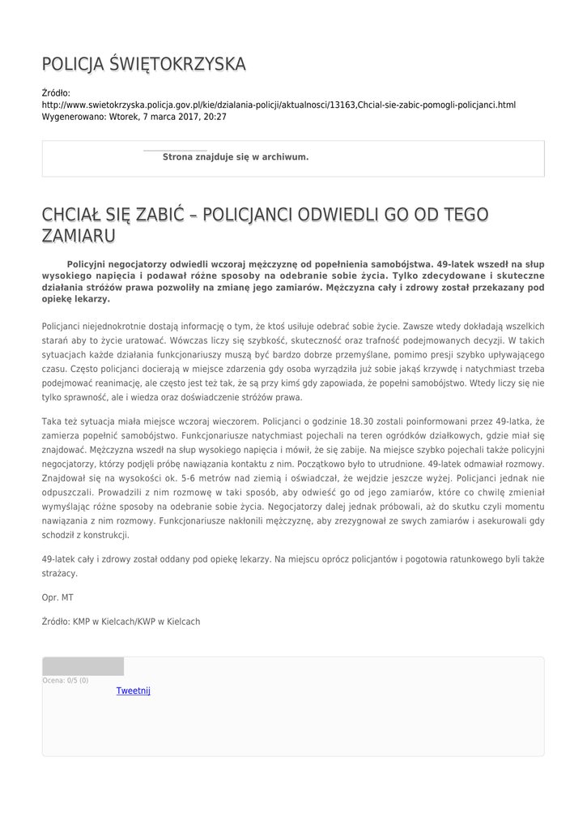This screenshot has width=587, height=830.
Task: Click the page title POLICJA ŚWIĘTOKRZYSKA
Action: [x=143, y=64]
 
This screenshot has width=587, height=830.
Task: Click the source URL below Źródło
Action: [x=279, y=105]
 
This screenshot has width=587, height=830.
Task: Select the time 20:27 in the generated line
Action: [x=215, y=117]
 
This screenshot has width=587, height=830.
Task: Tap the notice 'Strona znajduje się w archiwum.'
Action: [x=236, y=156]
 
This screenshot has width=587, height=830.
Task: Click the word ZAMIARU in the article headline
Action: [x=79, y=235]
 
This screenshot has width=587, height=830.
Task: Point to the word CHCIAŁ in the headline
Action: [x=71, y=215]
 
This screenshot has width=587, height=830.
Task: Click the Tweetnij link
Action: [x=134, y=691]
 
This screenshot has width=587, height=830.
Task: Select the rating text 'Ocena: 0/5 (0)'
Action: [x=66, y=680]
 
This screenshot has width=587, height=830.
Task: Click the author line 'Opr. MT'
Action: [x=57, y=597]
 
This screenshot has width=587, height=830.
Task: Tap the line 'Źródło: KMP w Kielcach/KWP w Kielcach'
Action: [x=121, y=622]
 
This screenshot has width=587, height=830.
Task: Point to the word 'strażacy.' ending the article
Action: [x=60, y=573]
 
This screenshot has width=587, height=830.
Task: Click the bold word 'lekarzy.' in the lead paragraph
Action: [x=92, y=299]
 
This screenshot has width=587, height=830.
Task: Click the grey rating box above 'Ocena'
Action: [x=83, y=666]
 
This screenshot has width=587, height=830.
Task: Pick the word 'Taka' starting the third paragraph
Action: [x=52, y=421]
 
